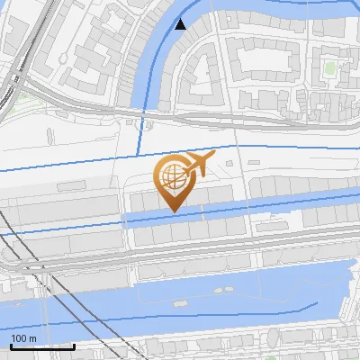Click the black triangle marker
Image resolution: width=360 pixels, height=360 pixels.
(x=181, y=24)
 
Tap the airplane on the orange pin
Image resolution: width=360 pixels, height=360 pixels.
(x=198, y=165)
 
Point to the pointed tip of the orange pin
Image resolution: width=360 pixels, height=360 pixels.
(x=174, y=212)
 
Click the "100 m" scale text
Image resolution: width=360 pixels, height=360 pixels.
(x=23, y=338)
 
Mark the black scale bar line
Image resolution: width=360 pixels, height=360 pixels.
(x=42, y=346)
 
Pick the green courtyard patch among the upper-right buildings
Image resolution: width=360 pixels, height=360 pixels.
(x=329, y=67)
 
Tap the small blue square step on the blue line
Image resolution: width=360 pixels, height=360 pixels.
(x=142, y=128)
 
